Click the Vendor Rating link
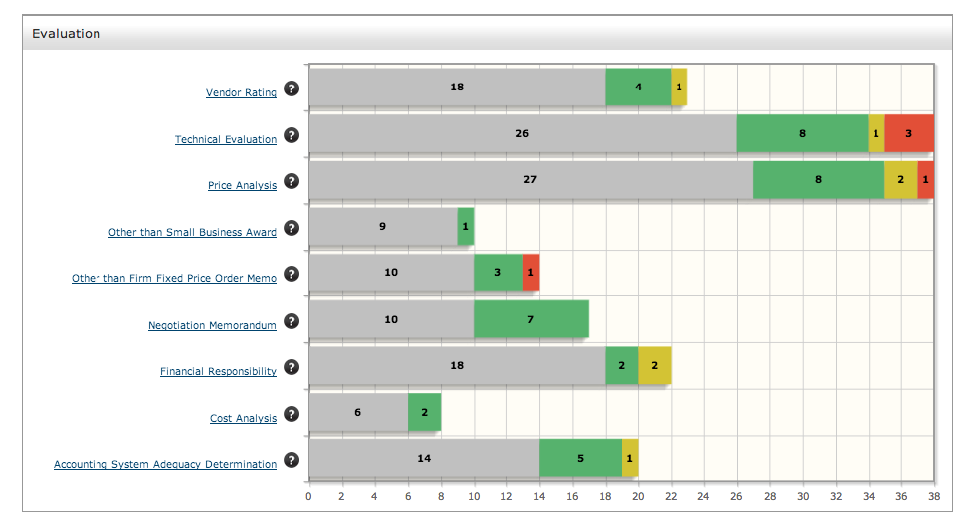pos(241,93)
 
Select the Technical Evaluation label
pos(226,140)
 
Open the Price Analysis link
pos(242,186)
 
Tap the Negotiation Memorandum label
pos(212,325)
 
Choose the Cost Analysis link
pos(243,419)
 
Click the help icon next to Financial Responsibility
pos(292,367)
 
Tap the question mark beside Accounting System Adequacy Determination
pos(292,460)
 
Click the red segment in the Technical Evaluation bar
pos(908,133)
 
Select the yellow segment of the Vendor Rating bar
pos(679,87)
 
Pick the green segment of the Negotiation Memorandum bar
pos(530,319)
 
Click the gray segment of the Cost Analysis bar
pos(358,412)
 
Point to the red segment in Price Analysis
pos(926,180)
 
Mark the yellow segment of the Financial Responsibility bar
pos(654,365)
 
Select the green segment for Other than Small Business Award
pos(465,226)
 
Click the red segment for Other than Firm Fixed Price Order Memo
pos(531,272)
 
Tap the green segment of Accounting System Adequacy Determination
pos(580,458)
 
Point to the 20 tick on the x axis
pos(638,495)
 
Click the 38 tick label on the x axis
pos(933,495)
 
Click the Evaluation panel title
pos(66,33)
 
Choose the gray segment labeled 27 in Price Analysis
pos(530,180)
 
